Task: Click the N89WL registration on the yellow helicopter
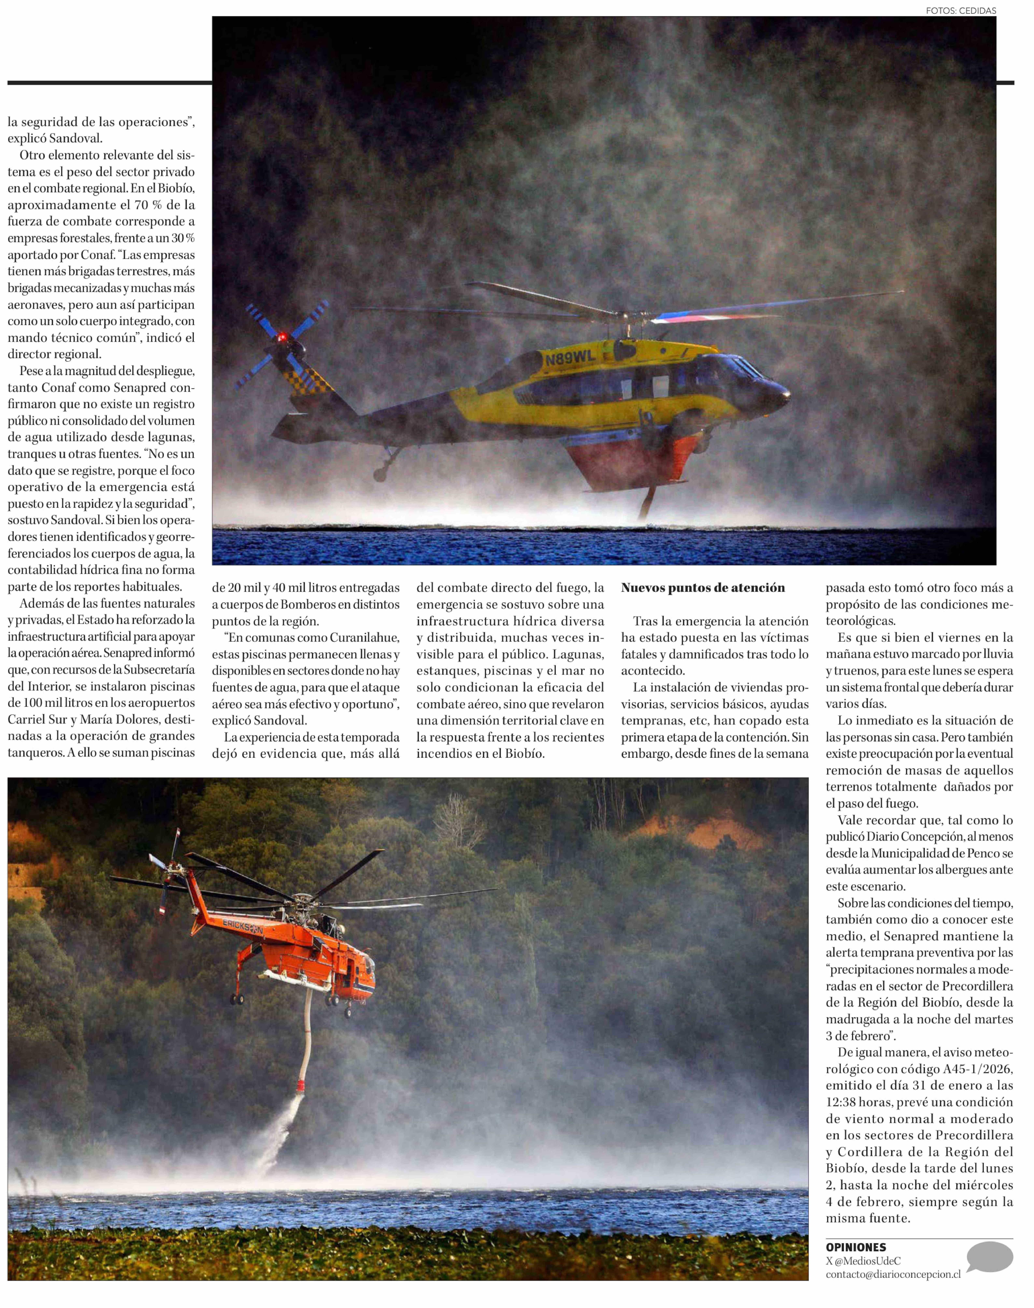pyautogui.click(x=570, y=358)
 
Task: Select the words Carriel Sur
pyautogui.click(x=33, y=720)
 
